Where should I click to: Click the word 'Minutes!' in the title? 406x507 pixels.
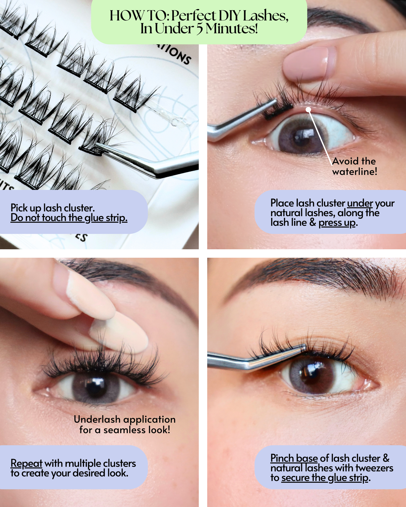click(232, 29)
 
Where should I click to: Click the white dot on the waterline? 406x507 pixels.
click(309, 109)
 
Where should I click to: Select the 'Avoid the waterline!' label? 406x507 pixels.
click(354, 166)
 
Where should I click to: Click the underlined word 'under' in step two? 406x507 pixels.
click(360, 203)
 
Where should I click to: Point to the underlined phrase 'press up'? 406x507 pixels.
click(337, 223)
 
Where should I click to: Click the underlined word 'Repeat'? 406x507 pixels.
click(26, 463)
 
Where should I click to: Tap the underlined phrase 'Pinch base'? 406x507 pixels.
click(294, 458)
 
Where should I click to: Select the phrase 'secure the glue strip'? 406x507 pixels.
click(325, 478)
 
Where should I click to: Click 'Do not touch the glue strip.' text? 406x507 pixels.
click(69, 218)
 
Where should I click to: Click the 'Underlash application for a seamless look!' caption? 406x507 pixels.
click(124, 424)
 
